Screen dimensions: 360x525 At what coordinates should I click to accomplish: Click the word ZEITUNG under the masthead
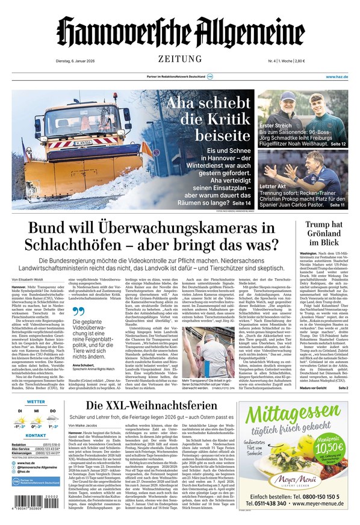click(179, 58)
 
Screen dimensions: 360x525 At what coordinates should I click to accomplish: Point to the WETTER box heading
click(36, 401)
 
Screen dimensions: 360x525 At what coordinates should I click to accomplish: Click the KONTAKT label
click(36, 435)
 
